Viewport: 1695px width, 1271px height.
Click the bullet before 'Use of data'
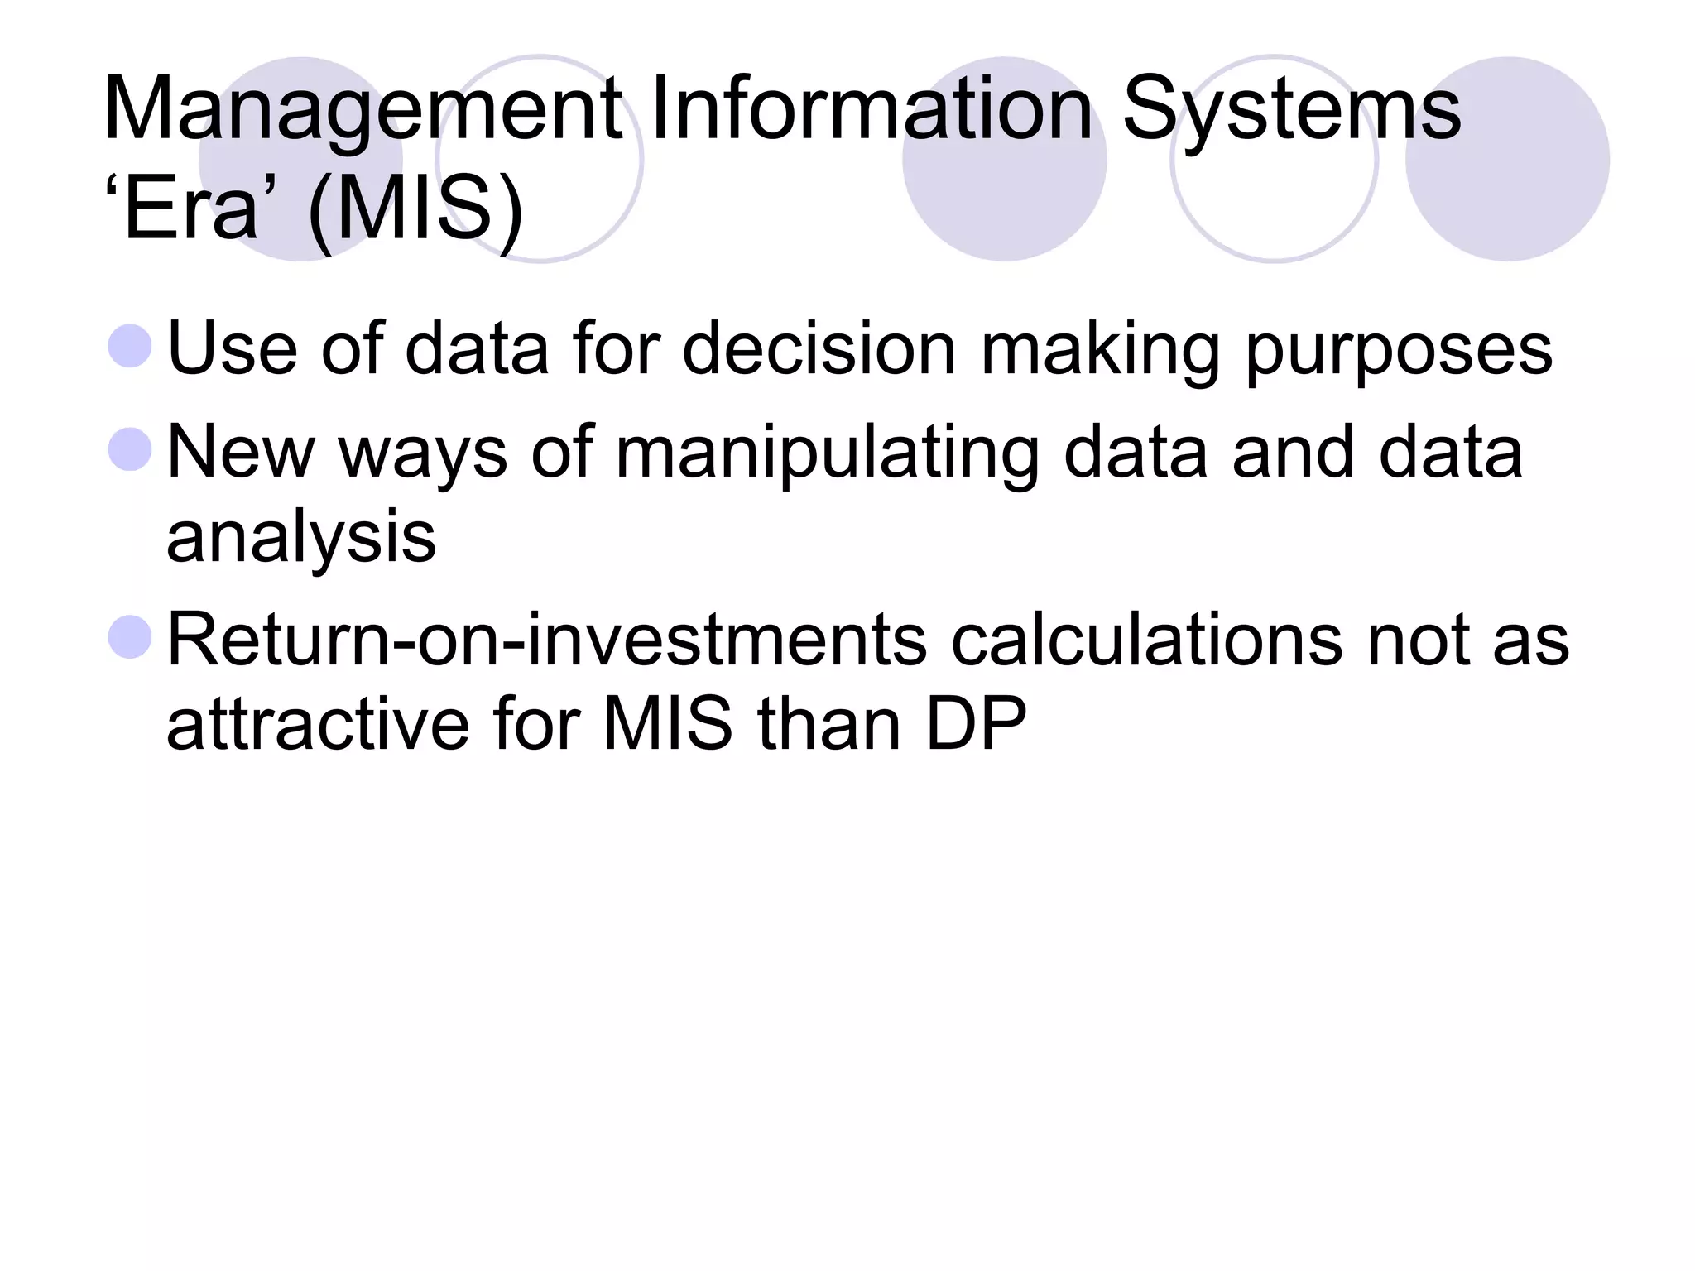point(131,347)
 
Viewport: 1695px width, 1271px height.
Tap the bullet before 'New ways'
point(131,450)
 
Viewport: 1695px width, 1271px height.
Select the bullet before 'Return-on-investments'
point(131,638)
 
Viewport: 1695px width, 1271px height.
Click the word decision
point(819,348)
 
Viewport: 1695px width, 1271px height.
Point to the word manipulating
point(827,454)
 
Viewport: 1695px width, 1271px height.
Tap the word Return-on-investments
point(547,640)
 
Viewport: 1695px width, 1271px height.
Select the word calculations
point(1147,640)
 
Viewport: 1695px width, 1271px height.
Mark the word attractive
point(318,724)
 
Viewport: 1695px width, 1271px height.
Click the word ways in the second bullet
point(423,454)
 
